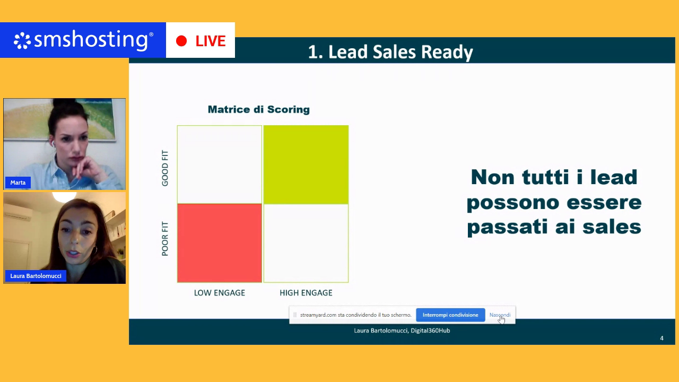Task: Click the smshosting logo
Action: (83, 40)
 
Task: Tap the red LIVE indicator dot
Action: (181, 41)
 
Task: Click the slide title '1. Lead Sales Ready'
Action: (390, 52)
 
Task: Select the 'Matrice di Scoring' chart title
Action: (258, 109)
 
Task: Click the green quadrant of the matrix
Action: (306, 164)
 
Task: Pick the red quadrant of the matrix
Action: (220, 243)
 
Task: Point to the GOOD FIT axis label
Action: (165, 168)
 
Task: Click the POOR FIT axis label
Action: (165, 239)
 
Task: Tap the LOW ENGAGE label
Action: (219, 293)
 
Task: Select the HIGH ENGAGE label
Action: (306, 293)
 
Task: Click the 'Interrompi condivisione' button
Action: (450, 315)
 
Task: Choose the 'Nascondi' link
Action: (500, 315)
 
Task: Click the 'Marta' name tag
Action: (18, 183)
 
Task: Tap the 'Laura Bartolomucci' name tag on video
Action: (36, 276)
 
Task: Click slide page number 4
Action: (661, 338)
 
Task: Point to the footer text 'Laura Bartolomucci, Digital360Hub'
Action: (402, 331)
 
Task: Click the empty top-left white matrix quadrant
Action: (220, 164)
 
